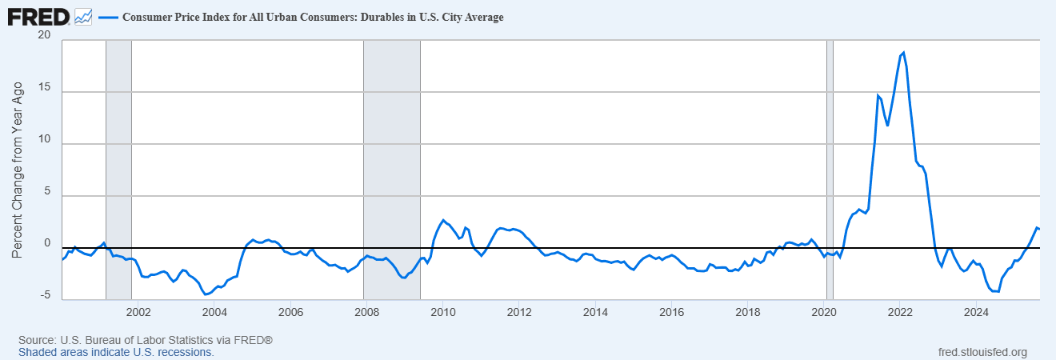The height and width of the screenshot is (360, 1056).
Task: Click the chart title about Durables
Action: pos(313,17)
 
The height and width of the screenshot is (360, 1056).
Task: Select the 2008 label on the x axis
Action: pos(366,311)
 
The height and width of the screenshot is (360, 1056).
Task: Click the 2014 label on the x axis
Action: pos(594,311)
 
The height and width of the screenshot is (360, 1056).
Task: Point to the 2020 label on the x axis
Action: pos(824,311)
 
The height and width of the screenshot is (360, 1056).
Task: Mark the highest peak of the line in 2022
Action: pos(903,53)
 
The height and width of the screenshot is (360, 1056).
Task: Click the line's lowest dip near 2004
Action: pos(206,294)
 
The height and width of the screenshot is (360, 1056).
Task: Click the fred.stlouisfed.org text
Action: pos(982,352)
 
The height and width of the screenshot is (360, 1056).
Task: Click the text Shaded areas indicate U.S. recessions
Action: pos(116,352)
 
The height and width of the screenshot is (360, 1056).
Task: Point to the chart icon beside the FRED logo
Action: pos(83,16)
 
